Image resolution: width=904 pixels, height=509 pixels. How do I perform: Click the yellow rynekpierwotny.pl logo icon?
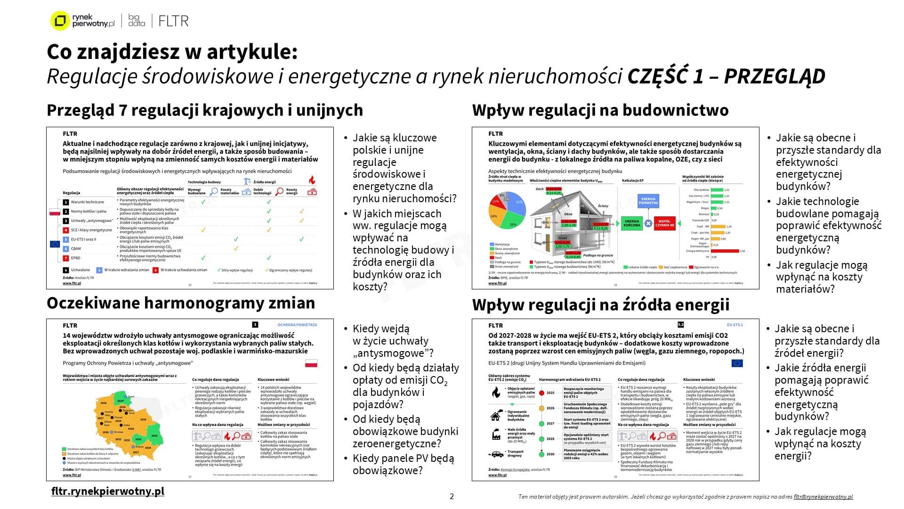[60, 21]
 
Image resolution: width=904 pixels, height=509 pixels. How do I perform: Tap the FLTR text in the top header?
[173, 21]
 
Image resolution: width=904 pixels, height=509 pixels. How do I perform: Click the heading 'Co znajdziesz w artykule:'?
[172, 52]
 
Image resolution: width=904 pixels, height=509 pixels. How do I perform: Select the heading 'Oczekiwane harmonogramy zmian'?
[181, 303]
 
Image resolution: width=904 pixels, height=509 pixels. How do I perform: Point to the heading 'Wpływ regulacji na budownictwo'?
[600, 110]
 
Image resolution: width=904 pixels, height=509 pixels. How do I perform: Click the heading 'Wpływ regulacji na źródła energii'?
[601, 305]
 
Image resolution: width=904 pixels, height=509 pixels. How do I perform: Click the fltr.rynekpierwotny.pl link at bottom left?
[108, 491]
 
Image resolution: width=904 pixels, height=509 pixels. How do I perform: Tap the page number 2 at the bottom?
[452, 496]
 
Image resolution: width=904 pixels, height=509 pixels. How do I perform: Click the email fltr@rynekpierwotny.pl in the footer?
[823, 497]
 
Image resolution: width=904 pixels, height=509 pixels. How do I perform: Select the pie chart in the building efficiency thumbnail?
[507, 210]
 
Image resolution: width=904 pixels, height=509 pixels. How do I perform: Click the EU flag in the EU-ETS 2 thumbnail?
[737, 363]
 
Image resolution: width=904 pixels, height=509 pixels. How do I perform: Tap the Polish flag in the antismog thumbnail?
[311, 363]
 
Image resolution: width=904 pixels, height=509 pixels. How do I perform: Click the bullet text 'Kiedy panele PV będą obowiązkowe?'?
[403, 464]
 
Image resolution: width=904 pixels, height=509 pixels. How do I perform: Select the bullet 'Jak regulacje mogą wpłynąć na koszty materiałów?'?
[822, 277]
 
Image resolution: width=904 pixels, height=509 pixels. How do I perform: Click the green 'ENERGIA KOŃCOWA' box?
[632, 223]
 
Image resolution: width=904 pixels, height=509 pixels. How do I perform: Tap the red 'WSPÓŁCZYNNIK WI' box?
[665, 223]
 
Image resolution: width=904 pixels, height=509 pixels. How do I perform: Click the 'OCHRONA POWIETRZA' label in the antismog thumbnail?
[297, 325]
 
